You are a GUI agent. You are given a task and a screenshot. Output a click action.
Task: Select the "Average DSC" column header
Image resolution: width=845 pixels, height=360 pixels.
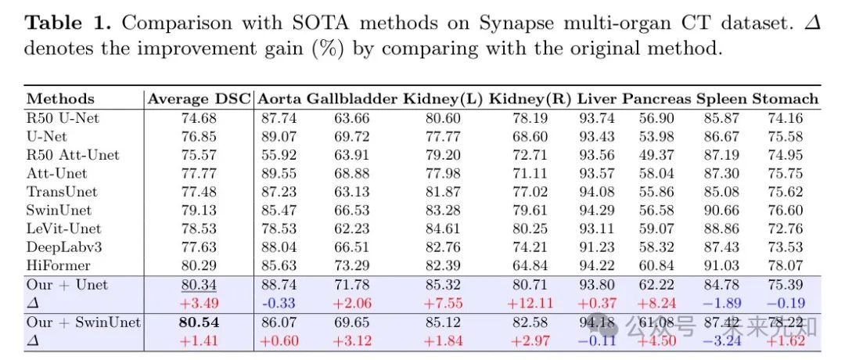pos(200,99)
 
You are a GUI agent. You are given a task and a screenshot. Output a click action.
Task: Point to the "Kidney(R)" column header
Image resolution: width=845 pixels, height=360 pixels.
pos(530,99)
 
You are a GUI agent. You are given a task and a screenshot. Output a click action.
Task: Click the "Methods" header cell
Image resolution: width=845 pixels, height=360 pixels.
pos(60,99)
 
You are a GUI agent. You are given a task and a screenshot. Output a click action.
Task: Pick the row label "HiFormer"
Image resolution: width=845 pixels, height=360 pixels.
pos(58,266)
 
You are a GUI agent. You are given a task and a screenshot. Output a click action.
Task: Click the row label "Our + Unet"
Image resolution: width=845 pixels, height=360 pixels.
pos(67,285)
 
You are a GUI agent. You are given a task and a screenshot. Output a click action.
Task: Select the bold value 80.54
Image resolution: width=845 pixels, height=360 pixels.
pos(200,322)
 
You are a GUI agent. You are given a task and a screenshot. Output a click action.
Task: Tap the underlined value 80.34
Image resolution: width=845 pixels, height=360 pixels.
pos(200,285)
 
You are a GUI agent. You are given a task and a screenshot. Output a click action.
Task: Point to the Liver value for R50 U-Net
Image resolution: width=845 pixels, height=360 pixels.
pos(596,118)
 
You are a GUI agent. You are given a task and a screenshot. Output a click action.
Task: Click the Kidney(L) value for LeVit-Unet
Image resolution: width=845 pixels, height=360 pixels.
pos(443,229)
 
